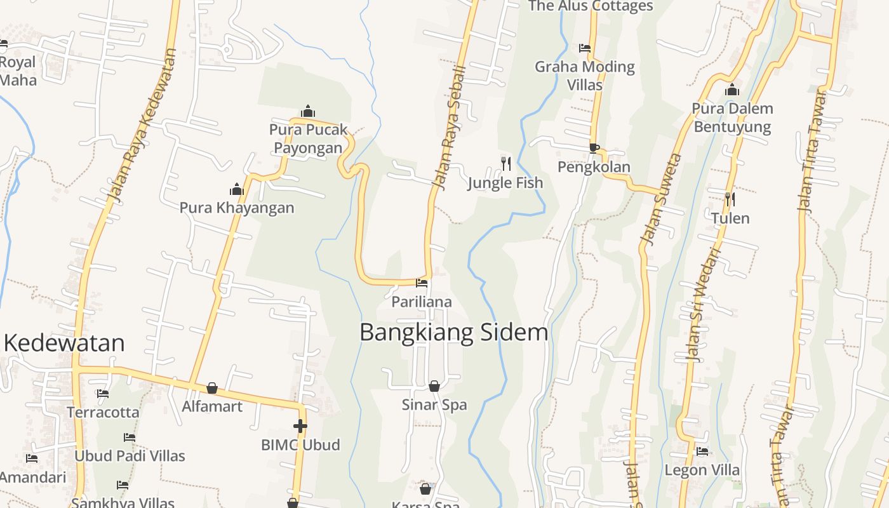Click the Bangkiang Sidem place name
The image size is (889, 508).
pos(453,333)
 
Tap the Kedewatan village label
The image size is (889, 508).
pos(64,343)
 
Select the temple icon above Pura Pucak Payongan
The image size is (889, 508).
pos(308,112)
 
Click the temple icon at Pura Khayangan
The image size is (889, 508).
pos(237,189)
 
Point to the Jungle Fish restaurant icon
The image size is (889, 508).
pos(506,164)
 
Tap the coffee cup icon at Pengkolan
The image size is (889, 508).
pos(594,149)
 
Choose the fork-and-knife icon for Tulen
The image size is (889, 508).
pos(730,199)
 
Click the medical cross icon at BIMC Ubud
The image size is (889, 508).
pos(300,426)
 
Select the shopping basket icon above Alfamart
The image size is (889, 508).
pos(212,388)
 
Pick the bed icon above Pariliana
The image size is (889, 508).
pos(422,283)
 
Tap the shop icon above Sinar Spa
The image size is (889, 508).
pos(434,386)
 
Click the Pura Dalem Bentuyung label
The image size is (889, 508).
pos(732,117)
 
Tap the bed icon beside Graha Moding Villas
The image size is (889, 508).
pos(585,48)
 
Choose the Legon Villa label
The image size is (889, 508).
pos(702,471)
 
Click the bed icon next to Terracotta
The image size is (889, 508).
pos(103,394)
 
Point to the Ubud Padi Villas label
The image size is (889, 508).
pos(130,456)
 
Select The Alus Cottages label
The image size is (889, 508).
pos(591,6)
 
